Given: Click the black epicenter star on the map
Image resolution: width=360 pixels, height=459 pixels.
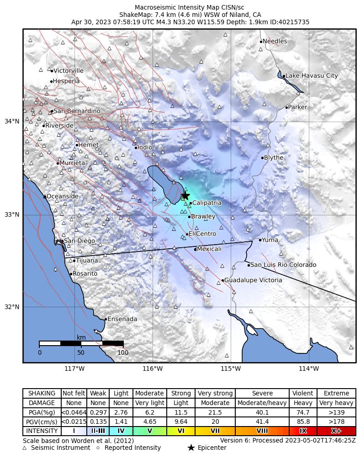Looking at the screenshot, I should click(x=185, y=195).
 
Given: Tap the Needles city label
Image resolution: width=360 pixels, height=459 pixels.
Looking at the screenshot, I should click(x=275, y=42).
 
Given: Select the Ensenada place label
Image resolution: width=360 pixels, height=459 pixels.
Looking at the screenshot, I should click(x=122, y=319).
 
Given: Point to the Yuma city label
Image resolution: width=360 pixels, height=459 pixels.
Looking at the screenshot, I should click(x=270, y=240).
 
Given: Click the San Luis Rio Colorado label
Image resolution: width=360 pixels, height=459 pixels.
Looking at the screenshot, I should click(x=283, y=265).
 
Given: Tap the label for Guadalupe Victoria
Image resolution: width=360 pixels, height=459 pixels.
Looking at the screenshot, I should click(x=253, y=280).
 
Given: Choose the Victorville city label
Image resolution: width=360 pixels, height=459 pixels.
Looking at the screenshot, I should click(x=68, y=71).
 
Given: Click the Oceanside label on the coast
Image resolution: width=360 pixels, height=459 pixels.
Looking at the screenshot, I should click(x=62, y=197).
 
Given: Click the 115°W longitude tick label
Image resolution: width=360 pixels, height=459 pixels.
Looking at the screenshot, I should click(x=231, y=369).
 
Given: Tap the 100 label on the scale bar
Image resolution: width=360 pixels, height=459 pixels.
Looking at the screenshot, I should click(x=123, y=352).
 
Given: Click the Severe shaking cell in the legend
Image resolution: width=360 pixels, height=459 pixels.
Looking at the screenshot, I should click(x=262, y=394).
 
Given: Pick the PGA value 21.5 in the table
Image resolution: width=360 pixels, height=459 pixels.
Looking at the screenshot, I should click(x=215, y=412).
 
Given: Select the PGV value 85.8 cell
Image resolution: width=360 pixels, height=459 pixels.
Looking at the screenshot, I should click(x=303, y=422).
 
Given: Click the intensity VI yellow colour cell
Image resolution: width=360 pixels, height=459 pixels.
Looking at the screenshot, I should click(x=181, y=431).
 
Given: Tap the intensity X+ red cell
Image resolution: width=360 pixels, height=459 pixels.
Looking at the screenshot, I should click(x=336, y=431).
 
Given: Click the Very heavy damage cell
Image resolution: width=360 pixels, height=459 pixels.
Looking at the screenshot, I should click(x=336, y=403).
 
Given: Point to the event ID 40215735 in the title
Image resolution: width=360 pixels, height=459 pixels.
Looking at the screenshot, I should click(x=292, y=21).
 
